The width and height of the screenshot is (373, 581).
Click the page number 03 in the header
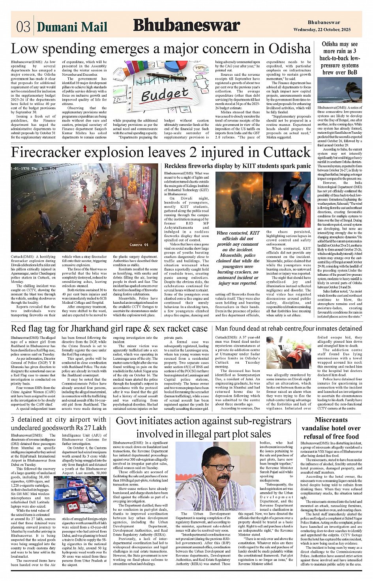point(23,26)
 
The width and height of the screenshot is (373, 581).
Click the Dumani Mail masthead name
point(72,27)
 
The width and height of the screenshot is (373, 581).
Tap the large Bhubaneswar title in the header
point(186,26)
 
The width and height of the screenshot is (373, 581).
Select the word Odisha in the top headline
point(290,49)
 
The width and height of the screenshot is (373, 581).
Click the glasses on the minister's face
point(220,468)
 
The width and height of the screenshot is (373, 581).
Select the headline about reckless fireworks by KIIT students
point(238,166)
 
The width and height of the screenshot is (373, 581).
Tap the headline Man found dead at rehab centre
point(288,329)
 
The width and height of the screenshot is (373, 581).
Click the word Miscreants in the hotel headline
point(331,420)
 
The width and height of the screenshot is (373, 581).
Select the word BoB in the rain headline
point(351,72)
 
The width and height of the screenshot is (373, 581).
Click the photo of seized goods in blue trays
point(80,494)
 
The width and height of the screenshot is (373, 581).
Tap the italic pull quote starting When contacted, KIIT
point(238,258)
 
